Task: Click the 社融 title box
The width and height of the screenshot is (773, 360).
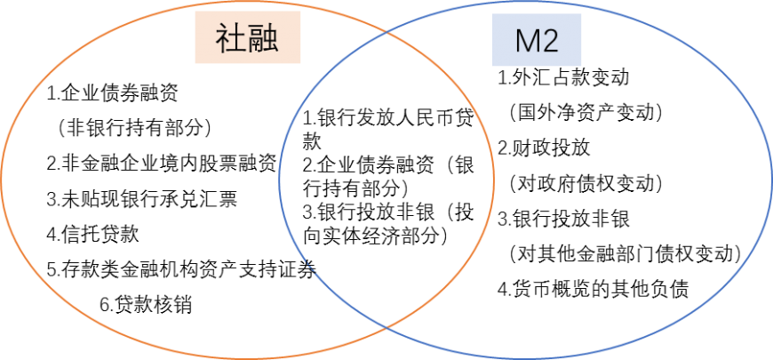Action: [248, 37]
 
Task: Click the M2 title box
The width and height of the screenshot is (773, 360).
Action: [537, 40]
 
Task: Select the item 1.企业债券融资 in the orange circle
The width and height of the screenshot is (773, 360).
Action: [113, 93]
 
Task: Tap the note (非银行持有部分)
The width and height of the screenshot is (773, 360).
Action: [133, 128]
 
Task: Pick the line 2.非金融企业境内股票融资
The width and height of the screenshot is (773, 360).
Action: [161, 164]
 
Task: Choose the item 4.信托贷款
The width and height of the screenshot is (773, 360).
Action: [93, 235]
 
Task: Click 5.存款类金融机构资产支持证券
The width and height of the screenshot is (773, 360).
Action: [181, 269]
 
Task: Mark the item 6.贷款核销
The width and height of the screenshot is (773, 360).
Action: [146, 305]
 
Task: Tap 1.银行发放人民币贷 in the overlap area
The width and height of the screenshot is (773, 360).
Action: [388, 118]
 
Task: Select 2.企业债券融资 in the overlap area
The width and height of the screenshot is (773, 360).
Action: [368, 165]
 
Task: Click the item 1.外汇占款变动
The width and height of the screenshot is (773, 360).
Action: [563, 78]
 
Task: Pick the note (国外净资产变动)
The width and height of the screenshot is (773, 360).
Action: [586, 114]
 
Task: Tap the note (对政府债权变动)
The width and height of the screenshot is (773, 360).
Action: [586, 184]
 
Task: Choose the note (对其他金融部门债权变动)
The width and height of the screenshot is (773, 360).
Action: [626, 254]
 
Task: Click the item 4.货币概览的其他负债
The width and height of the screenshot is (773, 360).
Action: [593, 290]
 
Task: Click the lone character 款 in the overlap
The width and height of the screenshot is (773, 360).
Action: [312, 142]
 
